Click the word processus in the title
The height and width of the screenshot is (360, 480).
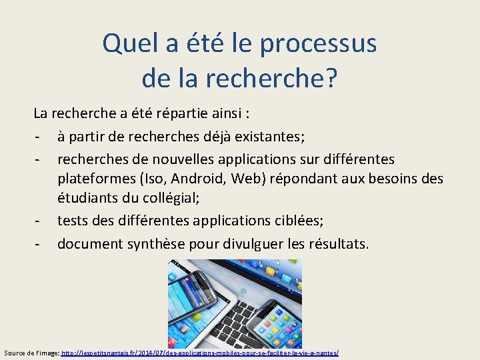click(318, 44)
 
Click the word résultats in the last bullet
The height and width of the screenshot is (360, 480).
click(331, 243)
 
